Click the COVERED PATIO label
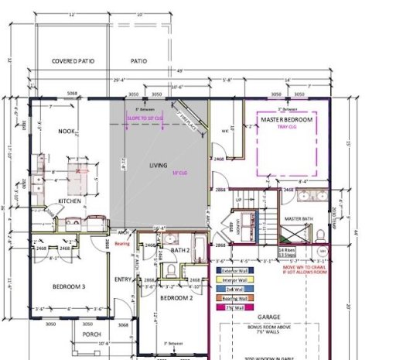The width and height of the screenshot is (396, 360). click(72, 60)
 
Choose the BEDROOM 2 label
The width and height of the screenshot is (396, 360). click(175, 297)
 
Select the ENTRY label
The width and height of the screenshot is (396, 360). click(124, 279)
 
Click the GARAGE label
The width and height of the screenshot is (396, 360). click(276, 316)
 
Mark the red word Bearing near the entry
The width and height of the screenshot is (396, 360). click(122, 243)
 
